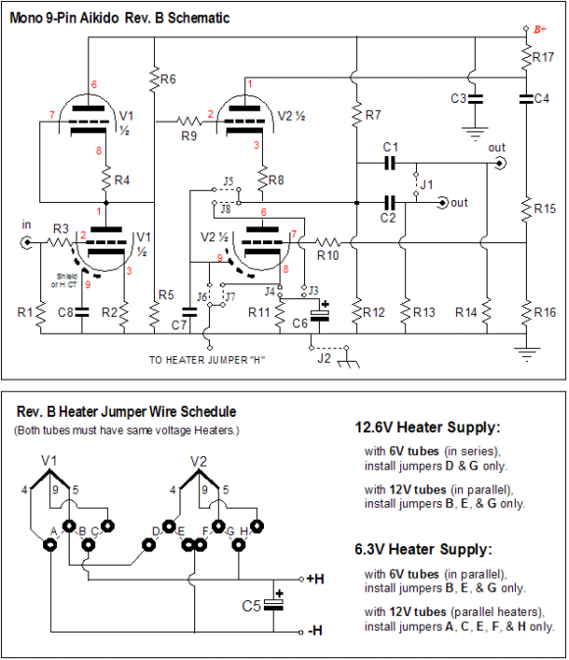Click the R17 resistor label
click(x=543, y=57)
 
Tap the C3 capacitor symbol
click(x=475, y=99)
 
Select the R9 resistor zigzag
click(x=188, y=122)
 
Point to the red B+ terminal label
click(x=540, y=29)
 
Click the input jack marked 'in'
click(x=26, y=242)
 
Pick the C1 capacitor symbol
click(x=390, y=163)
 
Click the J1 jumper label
click(x=426, y=184)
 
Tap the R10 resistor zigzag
click(x=328, y=242)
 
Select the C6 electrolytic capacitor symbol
click(x=320, y=316)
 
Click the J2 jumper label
click(x=324, y=358)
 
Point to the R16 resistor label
click(x=544, y=312)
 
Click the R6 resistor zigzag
click(x=154, y=79)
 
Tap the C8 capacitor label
click(x=65, y=312)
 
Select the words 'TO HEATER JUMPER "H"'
click(x=207, y=360)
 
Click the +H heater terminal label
click(x=316, y=580)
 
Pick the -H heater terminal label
click(x=315, y=631)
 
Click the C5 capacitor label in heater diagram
click(x=251, y=606)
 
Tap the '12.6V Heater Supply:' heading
click(x=428, y=428)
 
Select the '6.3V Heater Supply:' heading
click(x=423, y=549)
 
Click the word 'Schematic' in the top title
click(x=199, y=18)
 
